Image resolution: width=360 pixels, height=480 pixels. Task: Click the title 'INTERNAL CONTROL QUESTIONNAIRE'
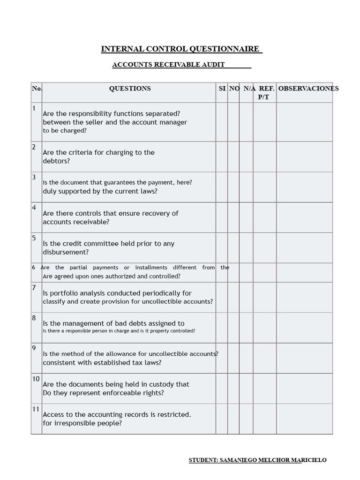(x=180, y=49)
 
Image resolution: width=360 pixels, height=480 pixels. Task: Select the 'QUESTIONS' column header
(x=130, y=89)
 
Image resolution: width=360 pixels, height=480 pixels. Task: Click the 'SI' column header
(x=222, y=89)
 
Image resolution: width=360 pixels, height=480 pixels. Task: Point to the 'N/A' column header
(x=249, y=89)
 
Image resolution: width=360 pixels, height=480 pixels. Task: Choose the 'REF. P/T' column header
(x=264, y=93)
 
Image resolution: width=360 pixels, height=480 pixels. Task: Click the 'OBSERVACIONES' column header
(x=308, y=89)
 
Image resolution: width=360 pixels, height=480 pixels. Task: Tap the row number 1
(x=34, y=109)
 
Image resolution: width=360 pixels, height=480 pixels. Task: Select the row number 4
(x=34, y=207)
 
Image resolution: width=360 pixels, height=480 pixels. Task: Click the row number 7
(x=34, y=287)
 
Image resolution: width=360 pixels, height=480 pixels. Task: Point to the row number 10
(x=36, y=379)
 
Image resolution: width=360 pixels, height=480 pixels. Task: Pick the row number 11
(x=36, y=409)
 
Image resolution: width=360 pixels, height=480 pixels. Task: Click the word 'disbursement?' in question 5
(x=66, y=252)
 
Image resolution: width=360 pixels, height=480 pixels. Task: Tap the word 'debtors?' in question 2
(x=56, y=161)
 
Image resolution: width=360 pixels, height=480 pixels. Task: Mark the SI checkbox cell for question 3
(x=222, y=187)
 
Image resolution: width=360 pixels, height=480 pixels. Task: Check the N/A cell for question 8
(x=246, y=328)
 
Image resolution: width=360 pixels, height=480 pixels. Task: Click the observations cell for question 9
(x=304, y=358)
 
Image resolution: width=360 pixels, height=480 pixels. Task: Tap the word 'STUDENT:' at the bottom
(x=203, y=460)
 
